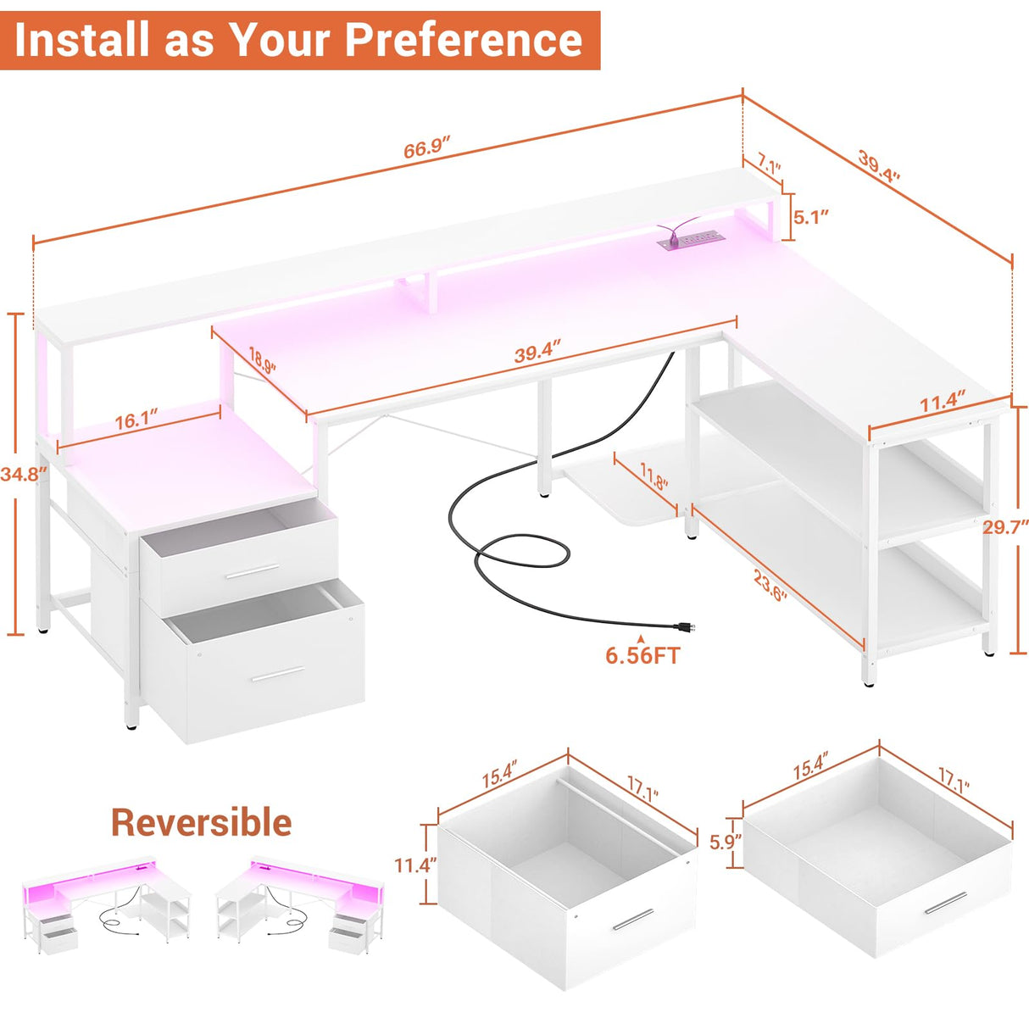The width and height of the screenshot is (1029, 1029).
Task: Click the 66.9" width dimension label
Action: pos(426,149)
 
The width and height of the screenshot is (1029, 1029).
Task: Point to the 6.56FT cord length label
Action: pos(642,655)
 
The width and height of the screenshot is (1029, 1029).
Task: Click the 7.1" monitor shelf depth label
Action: pos(769,163)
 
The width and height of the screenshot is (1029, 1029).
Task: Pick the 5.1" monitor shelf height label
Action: pos(810,217)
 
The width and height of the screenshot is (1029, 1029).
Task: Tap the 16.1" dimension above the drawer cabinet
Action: pos(136,420)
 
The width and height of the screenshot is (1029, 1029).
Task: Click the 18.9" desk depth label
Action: pos(262,361)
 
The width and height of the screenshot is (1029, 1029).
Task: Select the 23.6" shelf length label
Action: pos(770,585)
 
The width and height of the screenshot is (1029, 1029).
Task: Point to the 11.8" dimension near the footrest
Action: pos(654,476)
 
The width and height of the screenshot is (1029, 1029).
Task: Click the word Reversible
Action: pos(201,822)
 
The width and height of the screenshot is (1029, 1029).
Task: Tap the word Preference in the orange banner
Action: pos(464,39)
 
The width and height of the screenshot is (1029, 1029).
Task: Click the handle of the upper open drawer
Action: pos(252,571)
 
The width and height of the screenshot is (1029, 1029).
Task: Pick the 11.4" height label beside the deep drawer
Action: pos(415,865)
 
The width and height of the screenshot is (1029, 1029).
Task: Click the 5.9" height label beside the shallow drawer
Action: pos(726,842)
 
